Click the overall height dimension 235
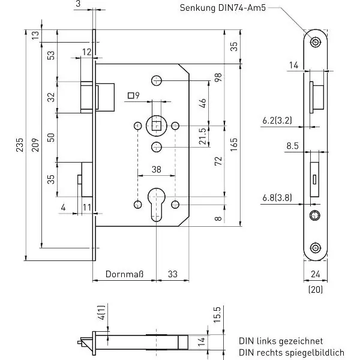click(x=20, y=145)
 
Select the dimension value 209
click(x=35, y=145)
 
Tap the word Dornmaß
click(x=124, y=274)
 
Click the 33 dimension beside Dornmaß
click(x=173, y=274)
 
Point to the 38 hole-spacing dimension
click(x=157, y=170)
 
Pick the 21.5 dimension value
click(x=203, y=136)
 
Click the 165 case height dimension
click(x=234, y=145)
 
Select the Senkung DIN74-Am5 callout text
click(x=223, y=8)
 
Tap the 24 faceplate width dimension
click(x=316, y=274)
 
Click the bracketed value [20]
click(x=316, y=289)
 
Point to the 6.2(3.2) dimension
click(x=277, y=121)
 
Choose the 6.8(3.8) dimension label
click(x=277, y=197)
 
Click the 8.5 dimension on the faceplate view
click(x=293, y=146)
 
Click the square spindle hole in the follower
click(x=157, y=126)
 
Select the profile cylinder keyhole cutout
click(x=157, y=205)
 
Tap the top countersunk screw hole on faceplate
click(x=316, y=42)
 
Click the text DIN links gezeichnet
click(x=281, y=341)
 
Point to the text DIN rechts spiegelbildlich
click(x=292, y=352)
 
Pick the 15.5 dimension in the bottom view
click(x=217, y=314)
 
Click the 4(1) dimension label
click(x=101, y=313)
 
